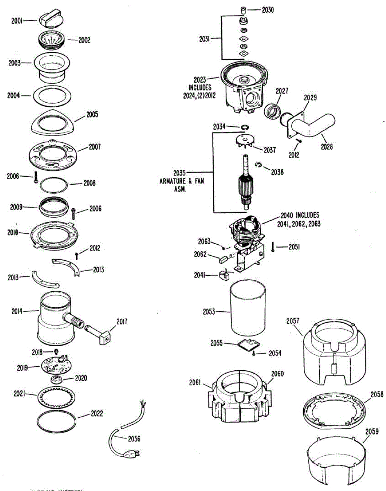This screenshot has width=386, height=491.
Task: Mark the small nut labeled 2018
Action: click(56, 351)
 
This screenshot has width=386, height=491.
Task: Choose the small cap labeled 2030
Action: click(243, 9)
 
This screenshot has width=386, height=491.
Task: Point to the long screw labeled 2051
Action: click(273, 247)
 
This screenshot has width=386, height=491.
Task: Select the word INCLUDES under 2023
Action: click(200, 88)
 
